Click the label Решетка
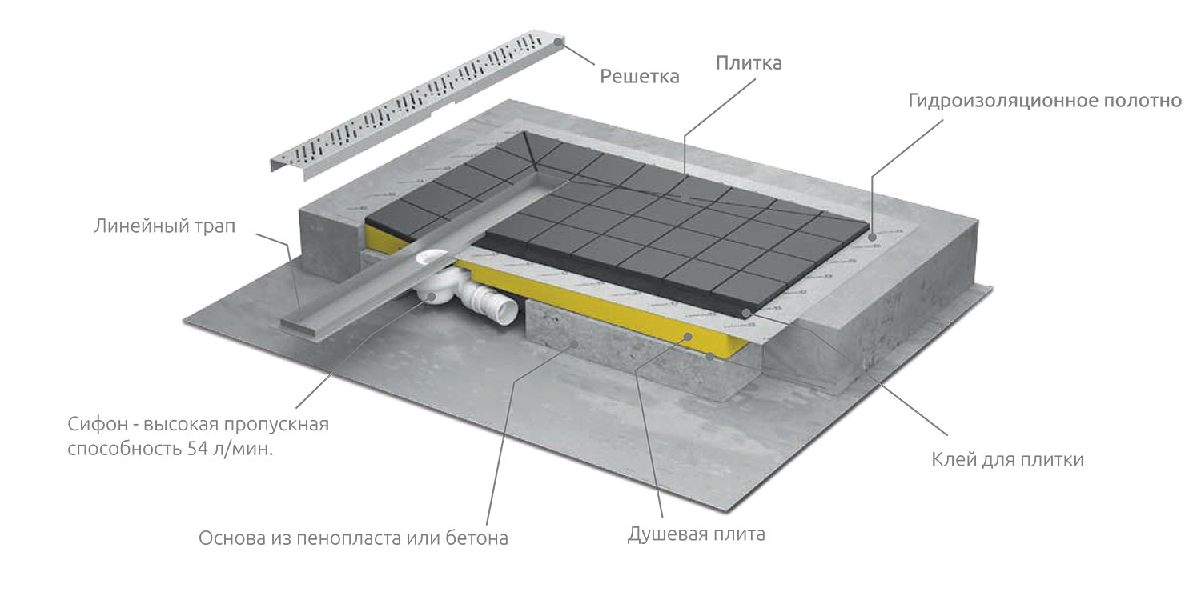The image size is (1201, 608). (639, 77)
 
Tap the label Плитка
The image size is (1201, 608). (749, 63)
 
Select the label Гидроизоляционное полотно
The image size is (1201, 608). (1044, 101)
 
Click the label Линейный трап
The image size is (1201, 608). (165, 226)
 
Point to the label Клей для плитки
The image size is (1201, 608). (1007, 460)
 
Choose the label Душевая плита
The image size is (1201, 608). (697, 534)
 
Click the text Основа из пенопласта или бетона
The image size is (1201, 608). (353, 538)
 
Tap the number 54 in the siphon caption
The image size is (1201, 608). (197, 449)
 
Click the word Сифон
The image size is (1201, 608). (98, 424)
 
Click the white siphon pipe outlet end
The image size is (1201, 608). (507, 309)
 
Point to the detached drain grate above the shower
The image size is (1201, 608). (417, 105)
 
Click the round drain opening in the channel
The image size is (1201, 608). (432, 258)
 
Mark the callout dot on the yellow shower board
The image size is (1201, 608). (688, 337)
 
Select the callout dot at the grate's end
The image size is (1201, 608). (559, 41)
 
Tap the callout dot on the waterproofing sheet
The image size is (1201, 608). (873, 237)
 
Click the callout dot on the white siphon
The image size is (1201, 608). (431, 296)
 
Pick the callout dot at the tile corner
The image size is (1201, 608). (745, 312)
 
